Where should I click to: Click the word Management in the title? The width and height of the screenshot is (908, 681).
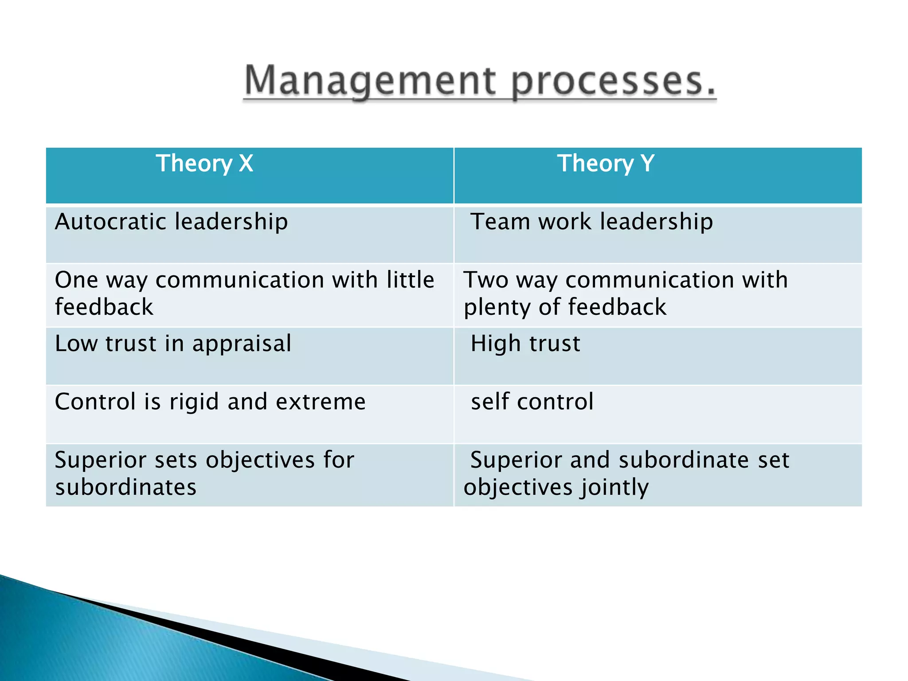tap(370, 81)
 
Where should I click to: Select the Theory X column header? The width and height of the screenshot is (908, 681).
tap(204, 163)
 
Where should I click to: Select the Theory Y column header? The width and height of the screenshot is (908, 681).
tap(606, 163)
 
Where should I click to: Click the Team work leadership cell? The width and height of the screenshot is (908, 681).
tap(592, 221)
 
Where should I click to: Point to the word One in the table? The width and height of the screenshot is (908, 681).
tap(76, 280)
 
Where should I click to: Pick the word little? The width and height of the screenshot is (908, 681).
tap(410, 280)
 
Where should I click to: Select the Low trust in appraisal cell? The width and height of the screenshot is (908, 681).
tap(173, 344)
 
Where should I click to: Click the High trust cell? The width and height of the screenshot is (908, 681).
tap(525, 344)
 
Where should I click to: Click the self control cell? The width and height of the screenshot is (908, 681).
tap(532, 402)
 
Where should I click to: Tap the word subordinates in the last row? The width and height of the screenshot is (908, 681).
tap(125, 487)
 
